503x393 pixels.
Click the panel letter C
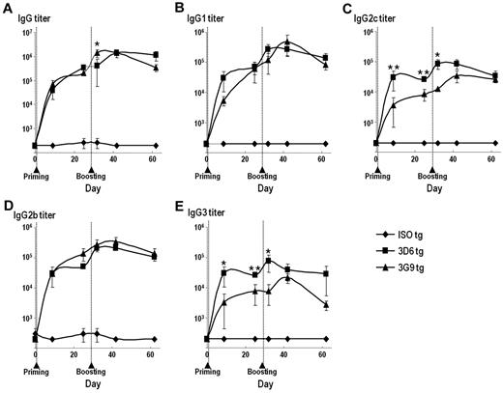point(348,8)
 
